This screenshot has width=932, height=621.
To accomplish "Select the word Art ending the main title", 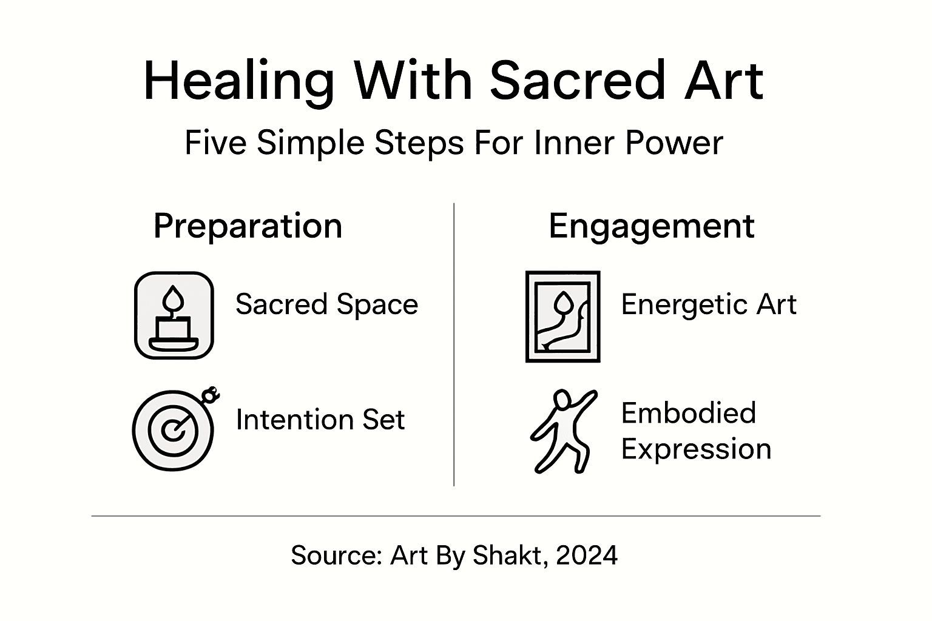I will (x=723, y=81).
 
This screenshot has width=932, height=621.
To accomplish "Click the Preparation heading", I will (x=248, y=226).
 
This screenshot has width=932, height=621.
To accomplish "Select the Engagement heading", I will (x=651, y=226).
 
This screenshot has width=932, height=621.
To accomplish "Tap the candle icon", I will (x=174, y=315).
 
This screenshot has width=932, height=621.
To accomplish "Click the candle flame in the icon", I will (x=174, y=298).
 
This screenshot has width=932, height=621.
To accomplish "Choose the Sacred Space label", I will (x=326, y=304).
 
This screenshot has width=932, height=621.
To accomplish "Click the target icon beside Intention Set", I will (x=174, y=429).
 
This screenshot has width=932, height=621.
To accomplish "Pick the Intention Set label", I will (x=320, y=420).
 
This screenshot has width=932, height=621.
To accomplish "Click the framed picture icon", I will (x=562, y=317).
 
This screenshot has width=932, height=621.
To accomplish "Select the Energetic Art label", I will (x=708, y=304).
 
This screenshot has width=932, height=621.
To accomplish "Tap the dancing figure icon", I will (x=562, y=431).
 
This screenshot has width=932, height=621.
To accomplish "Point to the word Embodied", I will (x=688, y=414).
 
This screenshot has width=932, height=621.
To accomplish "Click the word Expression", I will (x=696, y=449).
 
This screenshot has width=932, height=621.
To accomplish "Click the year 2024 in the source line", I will (x=586, y=555).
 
